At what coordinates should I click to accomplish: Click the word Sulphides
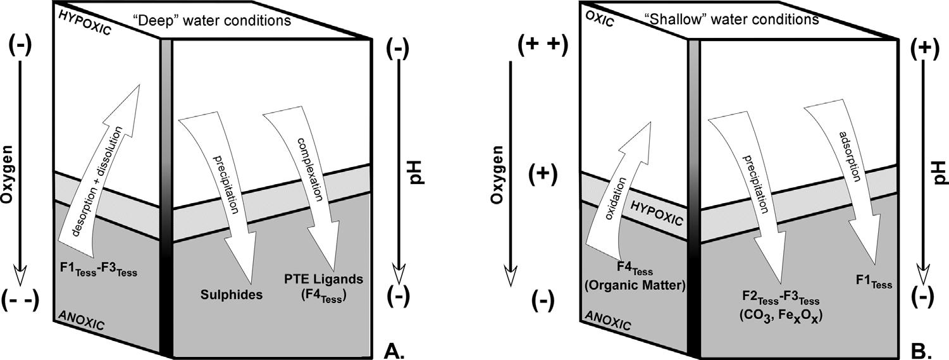pos(232,294)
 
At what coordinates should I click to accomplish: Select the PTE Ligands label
pos(324,279)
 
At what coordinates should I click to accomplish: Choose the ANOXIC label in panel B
pos(609,320)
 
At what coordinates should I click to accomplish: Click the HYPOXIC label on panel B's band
pos(656,213)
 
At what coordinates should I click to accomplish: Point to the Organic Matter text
pos(635,285)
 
